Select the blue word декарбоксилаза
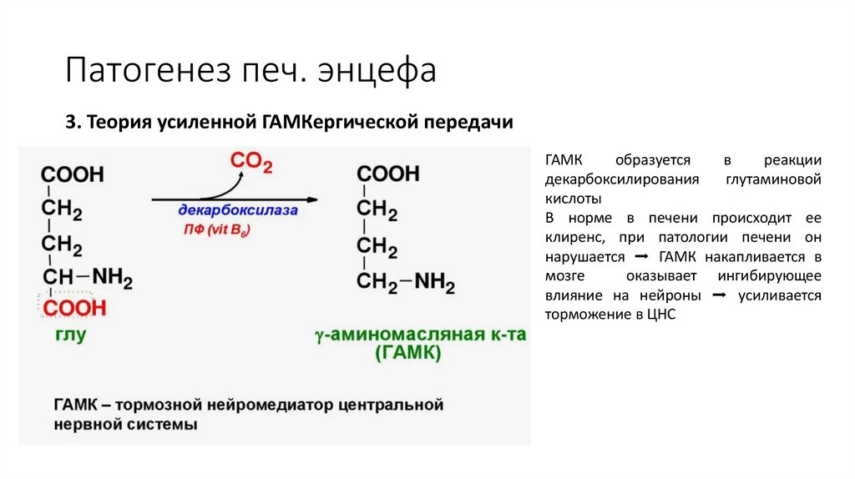(x=237, y=211)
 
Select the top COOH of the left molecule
(x=73, y=174)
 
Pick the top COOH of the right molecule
(x=388, y=174)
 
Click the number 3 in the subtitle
(x=70, y=122)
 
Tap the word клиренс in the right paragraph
(x=574, y=238)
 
